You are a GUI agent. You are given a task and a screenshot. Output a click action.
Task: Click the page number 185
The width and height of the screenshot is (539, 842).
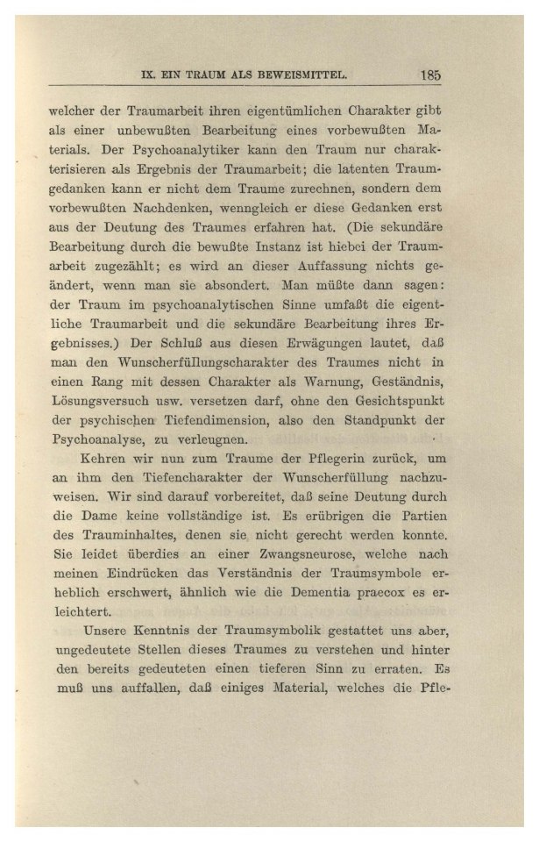click(x=429, y=75)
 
